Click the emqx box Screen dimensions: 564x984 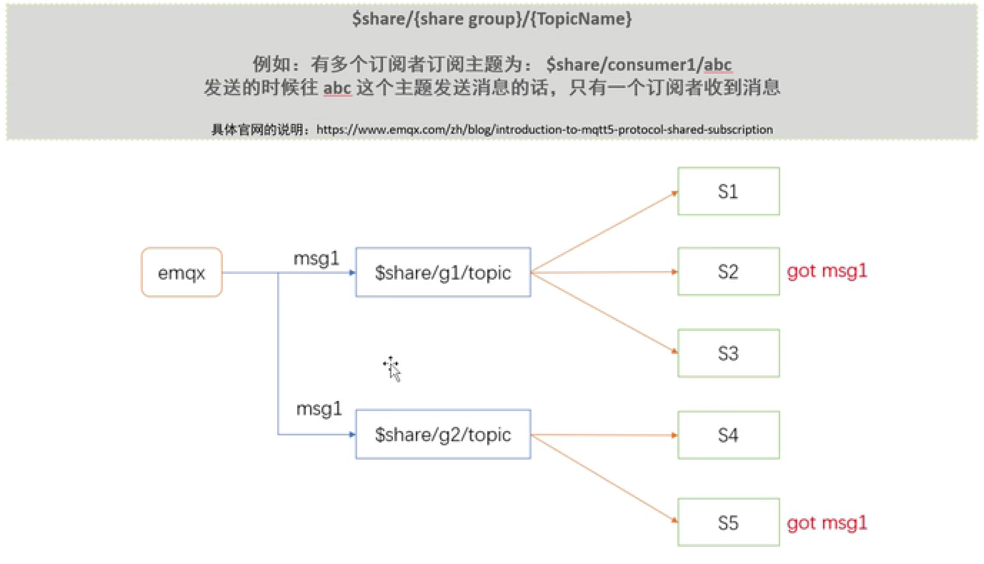tap(181, 272)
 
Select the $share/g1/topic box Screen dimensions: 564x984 tap(443, 272)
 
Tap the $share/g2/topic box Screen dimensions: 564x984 tap(443, 434)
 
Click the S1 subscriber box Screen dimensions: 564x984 tap(728, 191)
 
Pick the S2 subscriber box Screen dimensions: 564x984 tap(728, 272)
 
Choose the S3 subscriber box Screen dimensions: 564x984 tap(728, 353)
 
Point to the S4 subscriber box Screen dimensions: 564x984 tap(728, 435)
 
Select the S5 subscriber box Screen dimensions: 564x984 tap(728, 523)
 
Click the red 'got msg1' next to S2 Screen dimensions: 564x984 tap(827, 272)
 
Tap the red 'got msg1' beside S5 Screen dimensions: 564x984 tap(827, 524)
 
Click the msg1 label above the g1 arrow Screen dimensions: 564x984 tap(316, 259)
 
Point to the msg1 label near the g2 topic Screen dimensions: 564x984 tap(319, 409)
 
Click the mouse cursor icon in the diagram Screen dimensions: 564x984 tap(392, 368)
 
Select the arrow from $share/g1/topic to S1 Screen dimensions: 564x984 tap(604, 232)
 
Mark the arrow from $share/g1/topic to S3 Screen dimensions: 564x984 tap(604, 312)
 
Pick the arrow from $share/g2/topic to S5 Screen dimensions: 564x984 tap(604, 478)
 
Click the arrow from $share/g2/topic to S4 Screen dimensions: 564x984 tap(604, 435)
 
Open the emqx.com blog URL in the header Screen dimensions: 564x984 tap(544, 130)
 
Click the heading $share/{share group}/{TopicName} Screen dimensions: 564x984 tap(492, 19)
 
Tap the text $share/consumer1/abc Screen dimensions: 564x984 tap(639, 64)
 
